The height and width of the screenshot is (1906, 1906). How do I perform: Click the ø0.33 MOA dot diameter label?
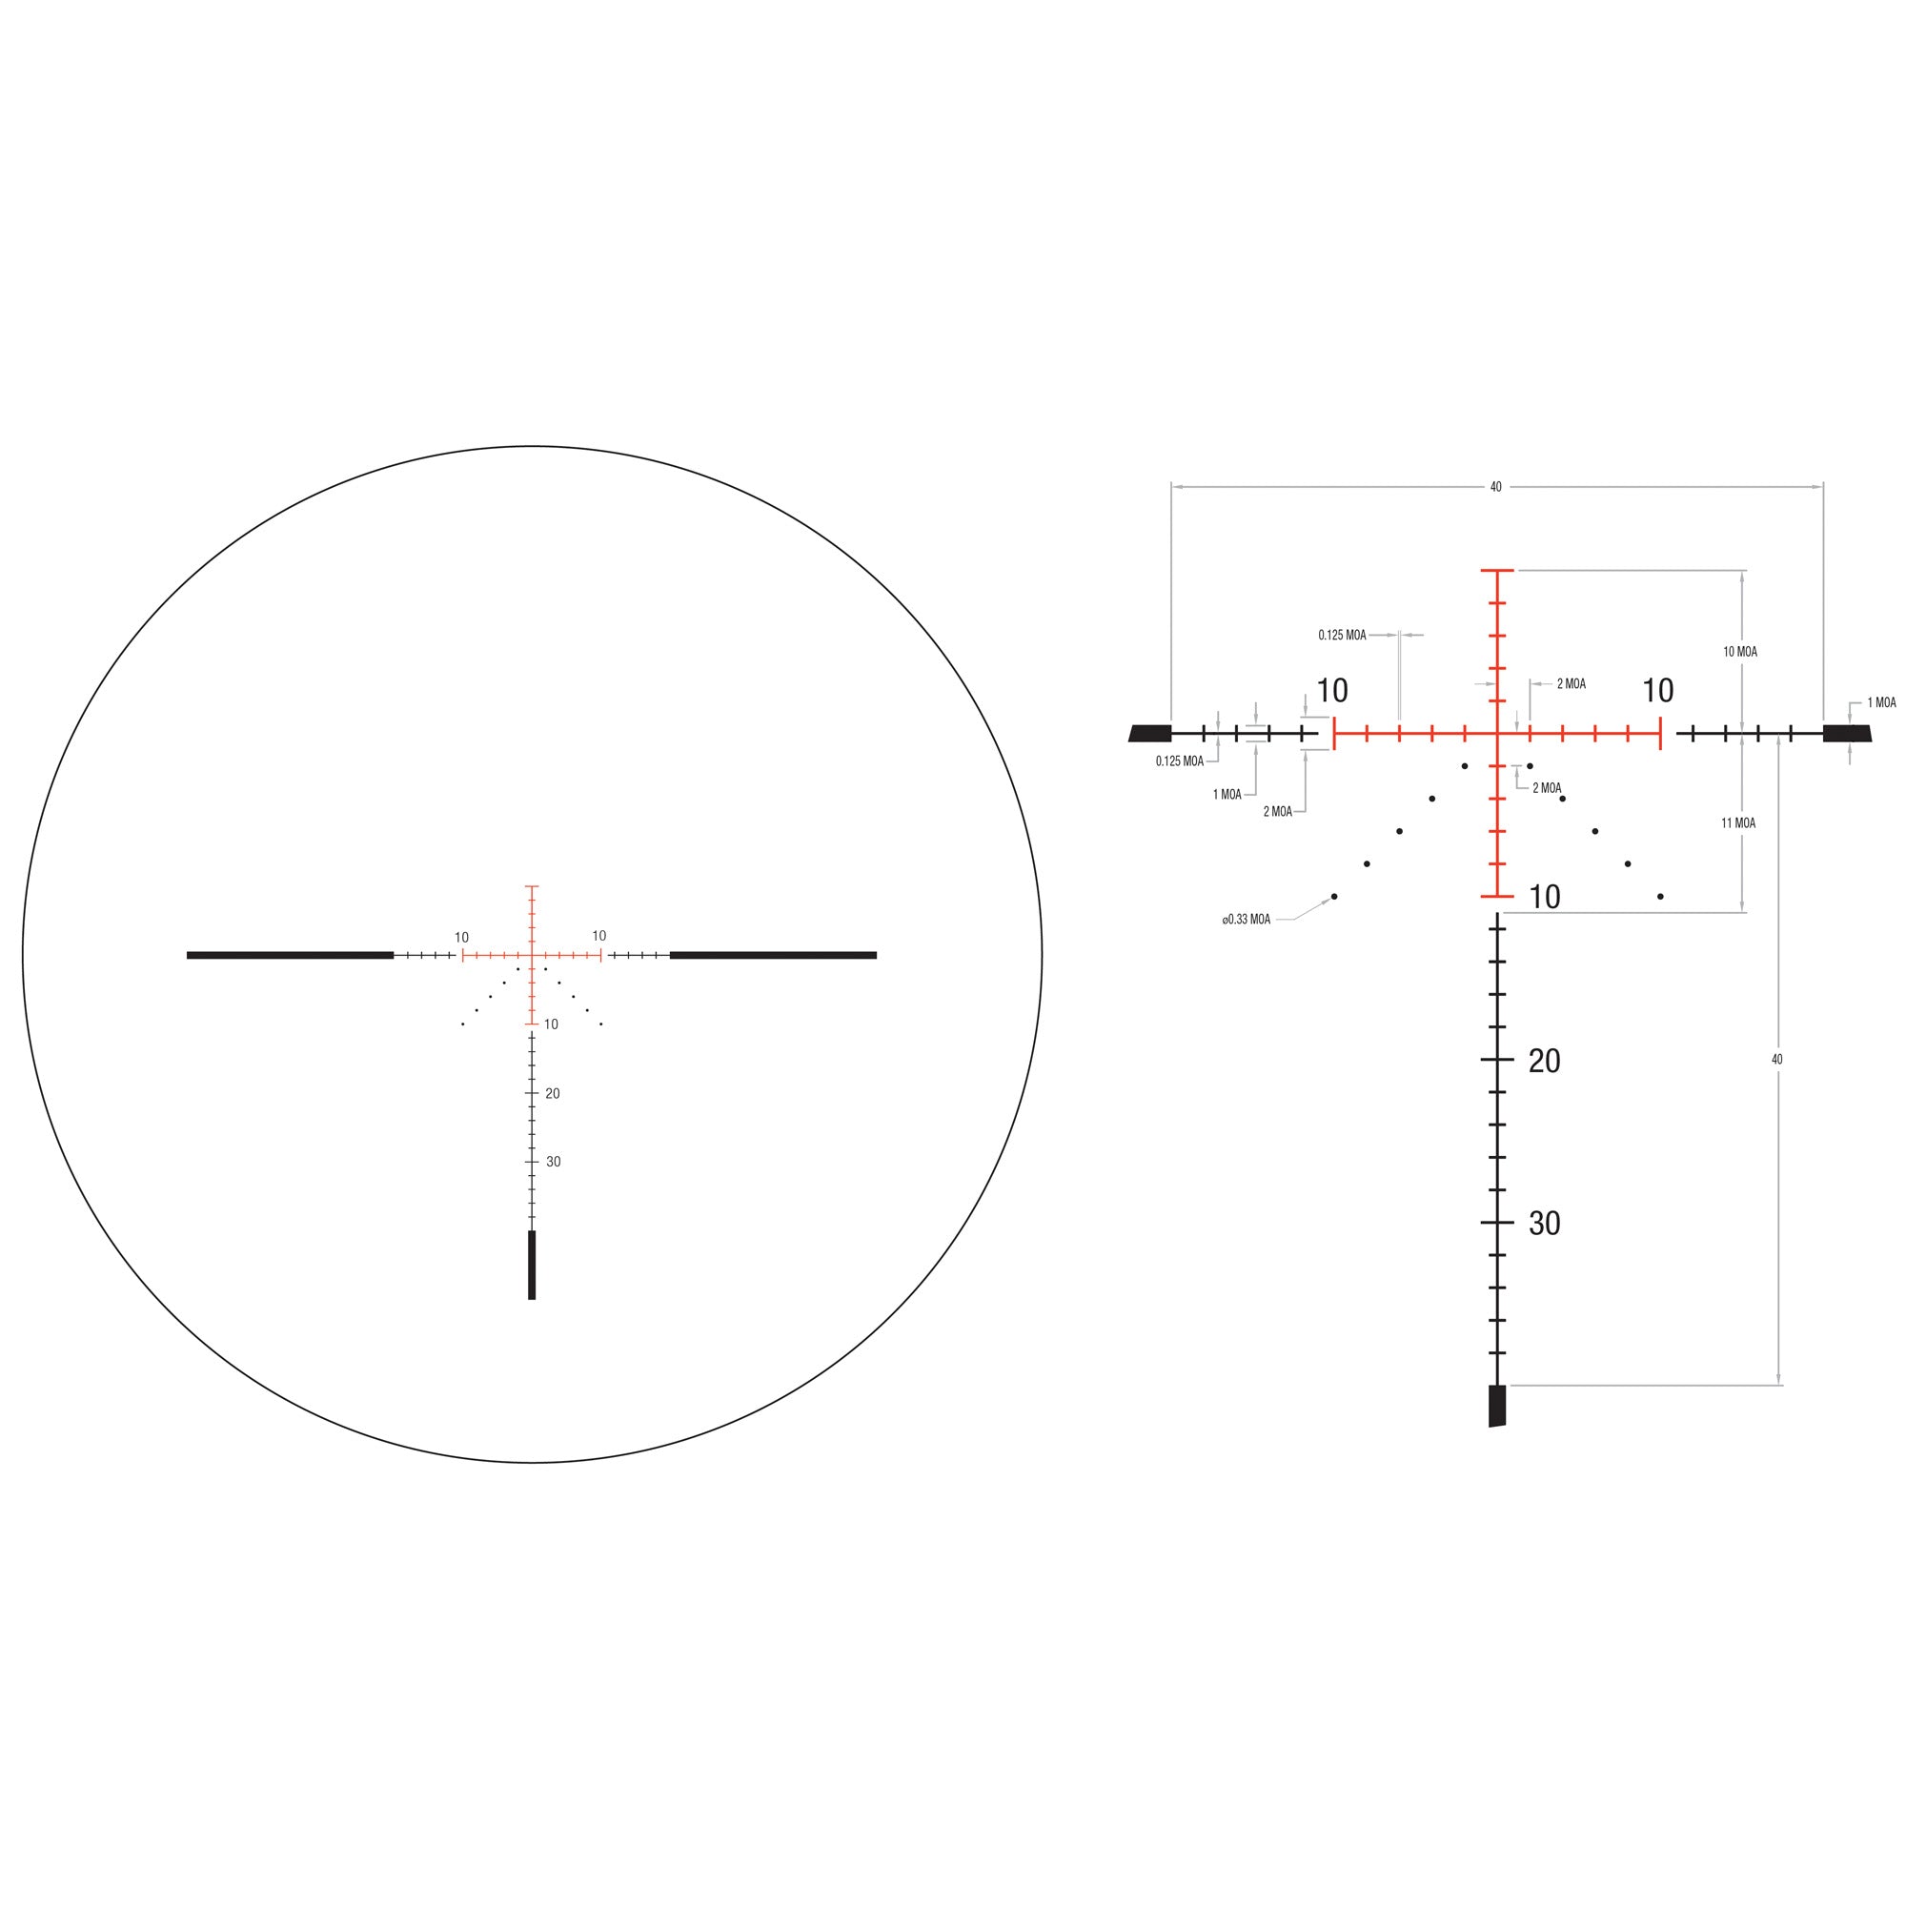1246,920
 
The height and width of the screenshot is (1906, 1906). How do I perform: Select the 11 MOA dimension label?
1738,822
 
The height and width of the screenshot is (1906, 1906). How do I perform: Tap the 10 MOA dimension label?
1739,652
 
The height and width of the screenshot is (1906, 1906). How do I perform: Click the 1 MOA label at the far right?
1881,703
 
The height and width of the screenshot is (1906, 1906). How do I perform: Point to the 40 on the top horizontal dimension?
1495,487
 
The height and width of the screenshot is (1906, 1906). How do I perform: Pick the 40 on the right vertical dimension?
1776,1060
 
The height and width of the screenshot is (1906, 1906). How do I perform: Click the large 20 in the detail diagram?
1544,1062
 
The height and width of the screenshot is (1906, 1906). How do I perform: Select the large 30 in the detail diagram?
1544,1224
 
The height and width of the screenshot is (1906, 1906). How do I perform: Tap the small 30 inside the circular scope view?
554,1162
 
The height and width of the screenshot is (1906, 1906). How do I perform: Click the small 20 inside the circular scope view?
553,1093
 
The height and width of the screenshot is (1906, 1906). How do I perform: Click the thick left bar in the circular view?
290,955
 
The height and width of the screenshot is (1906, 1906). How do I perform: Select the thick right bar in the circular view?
773,955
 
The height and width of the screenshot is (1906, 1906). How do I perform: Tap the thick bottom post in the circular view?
532,1265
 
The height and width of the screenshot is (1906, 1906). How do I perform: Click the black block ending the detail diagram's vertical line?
1496,1406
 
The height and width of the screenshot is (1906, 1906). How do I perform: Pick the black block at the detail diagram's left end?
1150,733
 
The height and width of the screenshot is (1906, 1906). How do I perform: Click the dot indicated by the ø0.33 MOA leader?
1334,897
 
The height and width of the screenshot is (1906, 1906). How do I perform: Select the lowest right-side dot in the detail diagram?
1660,897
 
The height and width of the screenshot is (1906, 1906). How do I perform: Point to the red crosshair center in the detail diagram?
1497,733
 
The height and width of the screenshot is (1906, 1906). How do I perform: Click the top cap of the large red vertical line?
1497,570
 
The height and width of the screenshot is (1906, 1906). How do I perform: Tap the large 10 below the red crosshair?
1544,898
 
